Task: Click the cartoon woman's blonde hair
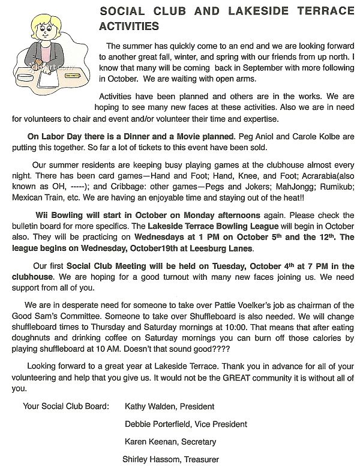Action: pyautogui.click(x=45, y=24)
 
